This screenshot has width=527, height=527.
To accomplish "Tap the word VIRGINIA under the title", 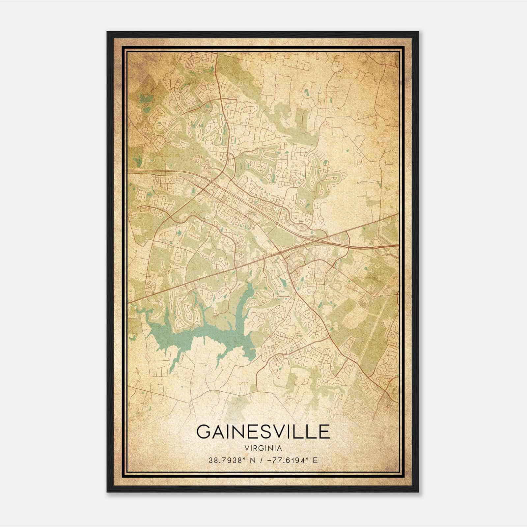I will click(x=263, y=448).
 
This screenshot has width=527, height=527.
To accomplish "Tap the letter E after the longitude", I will click(x=315, y=460).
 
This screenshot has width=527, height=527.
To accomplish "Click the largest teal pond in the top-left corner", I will click(x=144, y=98).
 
